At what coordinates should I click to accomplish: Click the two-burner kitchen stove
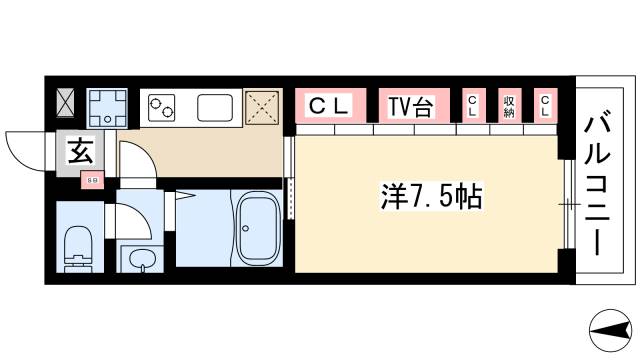point(161,106)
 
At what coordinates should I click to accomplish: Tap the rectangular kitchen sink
point(215,106)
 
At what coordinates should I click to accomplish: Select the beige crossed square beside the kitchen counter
point(263,106)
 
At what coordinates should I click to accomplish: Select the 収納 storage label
point(509,105)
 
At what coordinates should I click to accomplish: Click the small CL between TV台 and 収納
point(472,105)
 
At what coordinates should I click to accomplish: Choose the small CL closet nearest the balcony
point(545,105)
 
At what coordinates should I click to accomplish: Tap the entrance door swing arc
point(25,150)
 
